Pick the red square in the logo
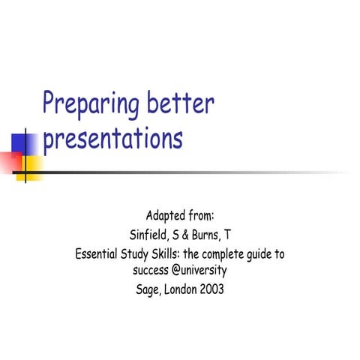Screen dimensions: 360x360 point(10,162)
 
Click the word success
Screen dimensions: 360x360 point(150,271)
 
